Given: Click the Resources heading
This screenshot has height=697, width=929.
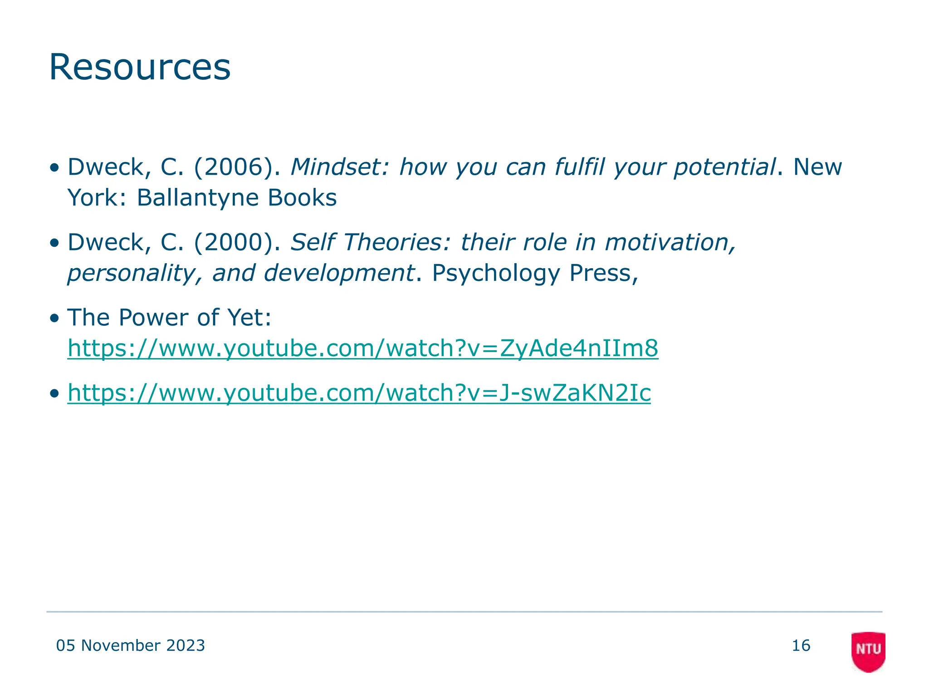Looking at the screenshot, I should pos(140,67).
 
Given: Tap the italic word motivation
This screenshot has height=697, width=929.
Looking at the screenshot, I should pos(670,242).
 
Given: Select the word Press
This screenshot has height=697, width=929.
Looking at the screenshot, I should pos(603,273).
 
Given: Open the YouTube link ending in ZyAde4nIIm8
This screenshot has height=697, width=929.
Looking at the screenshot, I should pos(363,348).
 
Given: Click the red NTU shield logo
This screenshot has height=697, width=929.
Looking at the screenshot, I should pos(868,651).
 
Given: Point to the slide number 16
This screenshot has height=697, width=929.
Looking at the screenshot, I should pos(801,645).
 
